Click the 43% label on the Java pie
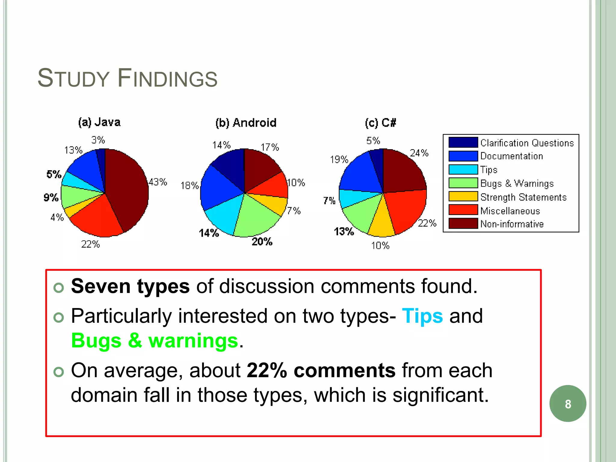pyautogui.click(x=158, y=182)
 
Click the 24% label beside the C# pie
pyautogui.click(x=419, y=153)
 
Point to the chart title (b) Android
pyautogui.click(x=246, y=123)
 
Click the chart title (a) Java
pyautogui.click(x=99, y=122)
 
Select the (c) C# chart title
pyautogui.click(x=380, y=123)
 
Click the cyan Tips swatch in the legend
pyautogui.click(x=463, y=169)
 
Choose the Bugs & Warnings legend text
pyautogui.click(x=517, y=183)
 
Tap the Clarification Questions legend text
pyautogui.click(x=527, y=143)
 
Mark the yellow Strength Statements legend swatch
pyautogui.click(x=463, y=196)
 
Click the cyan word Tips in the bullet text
pyautogui.click(x=422, y=316)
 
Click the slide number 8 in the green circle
pyautogui.click(x=568, y=404)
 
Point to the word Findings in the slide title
pyautogui.click(x=167, y=78)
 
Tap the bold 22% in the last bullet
pyautogui.click(x=267, y=370)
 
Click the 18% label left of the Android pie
pyautogui.click(x=189, y=186)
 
